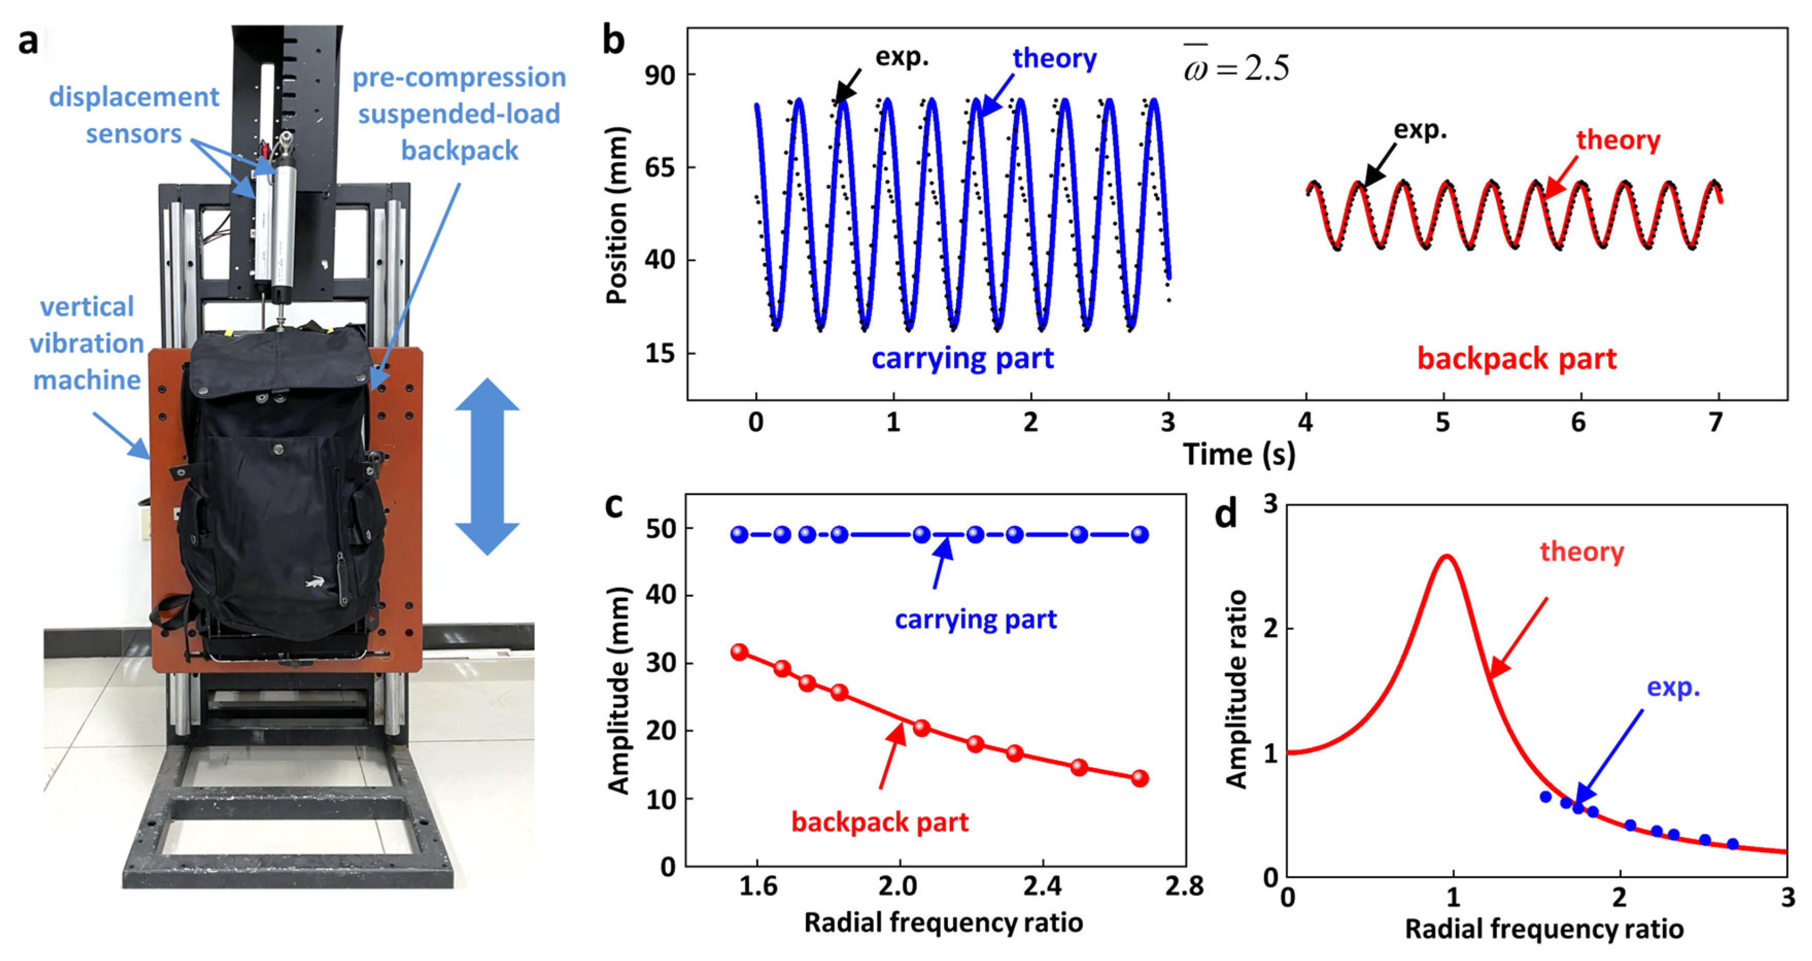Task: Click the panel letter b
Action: tap(613, 40)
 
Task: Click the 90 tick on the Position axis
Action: tap(659, 75)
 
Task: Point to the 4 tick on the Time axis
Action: tap(1305, 422)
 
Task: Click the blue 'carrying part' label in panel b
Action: tap(962, 359)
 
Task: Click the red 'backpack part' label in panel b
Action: tap(1516, 359)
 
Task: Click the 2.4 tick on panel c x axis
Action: tap(1042, 886)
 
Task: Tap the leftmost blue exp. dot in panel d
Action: tap(1545, 797)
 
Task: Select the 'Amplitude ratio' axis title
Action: tap(1236, 690)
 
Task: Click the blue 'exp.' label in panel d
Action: tap(1673, 688)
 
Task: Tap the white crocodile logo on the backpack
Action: tap(315, 582)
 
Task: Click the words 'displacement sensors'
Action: tap(134, 115)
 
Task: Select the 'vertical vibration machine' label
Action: tap(87, 344)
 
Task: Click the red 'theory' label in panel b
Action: tap(1617, 140)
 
